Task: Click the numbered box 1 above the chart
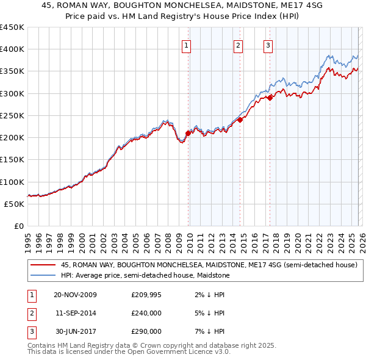point(185,45)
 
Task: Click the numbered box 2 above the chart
point(237,45)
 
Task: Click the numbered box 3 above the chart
point(268,45)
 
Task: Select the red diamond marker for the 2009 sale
point(188,132)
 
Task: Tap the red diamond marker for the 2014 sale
point(240,120)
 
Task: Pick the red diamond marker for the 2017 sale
point(270,98)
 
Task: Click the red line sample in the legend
point(43,265)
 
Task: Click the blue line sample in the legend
point(43,275)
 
